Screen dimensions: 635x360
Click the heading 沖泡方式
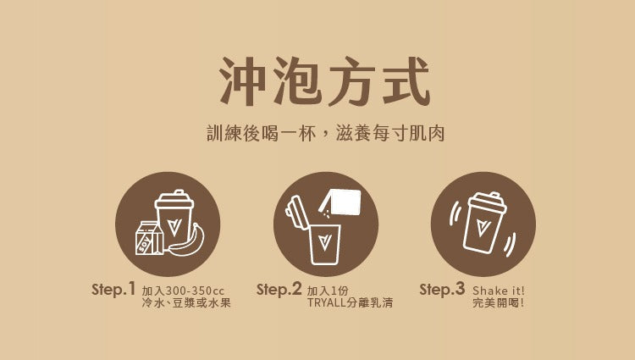click(324, 81)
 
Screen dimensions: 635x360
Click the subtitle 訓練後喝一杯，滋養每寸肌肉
click(326, 133)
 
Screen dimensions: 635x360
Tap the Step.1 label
click(113, 290)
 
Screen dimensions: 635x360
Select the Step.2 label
click(279, 290)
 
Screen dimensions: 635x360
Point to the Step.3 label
click(442, 290)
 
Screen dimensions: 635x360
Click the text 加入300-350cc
click(183, 291)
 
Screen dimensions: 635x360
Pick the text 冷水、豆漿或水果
click(186, 302)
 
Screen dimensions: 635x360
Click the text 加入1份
click(328, 291)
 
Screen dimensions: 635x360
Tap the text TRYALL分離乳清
click(351, 302)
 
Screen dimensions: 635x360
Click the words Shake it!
click(498, 291)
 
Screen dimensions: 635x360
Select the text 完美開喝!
click(498, 302)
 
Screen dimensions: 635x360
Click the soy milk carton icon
click(149, 238)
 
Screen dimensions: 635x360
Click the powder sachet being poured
click(340, 202)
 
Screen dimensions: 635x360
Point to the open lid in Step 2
click(297, 212)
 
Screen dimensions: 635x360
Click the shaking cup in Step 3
click(484, 223)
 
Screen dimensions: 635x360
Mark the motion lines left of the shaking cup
click(456, 213)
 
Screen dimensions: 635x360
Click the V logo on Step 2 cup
click(324, 242)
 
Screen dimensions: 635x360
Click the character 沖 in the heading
click(243, 81)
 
